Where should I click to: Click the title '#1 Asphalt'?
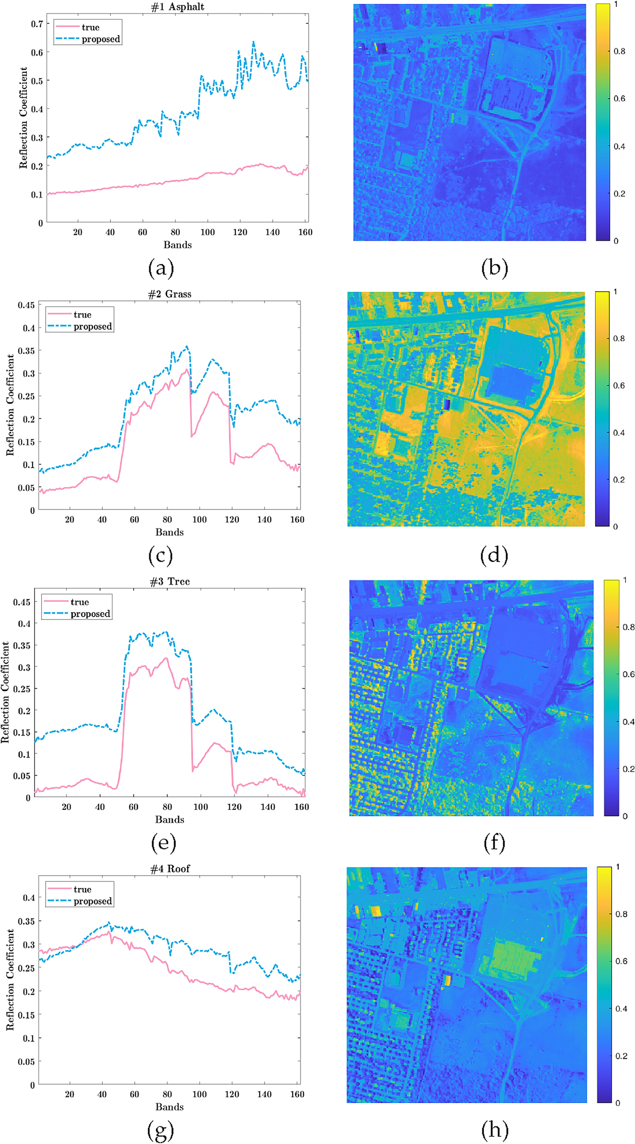tap(177, 7)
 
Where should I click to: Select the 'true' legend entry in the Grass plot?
tap(82, 315)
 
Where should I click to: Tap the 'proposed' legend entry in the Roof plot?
tap(92, 901)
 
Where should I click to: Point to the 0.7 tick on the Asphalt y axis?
tap(37, 23)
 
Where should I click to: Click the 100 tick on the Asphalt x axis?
tap(208, 232)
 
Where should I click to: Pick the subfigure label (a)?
tap(160, 268)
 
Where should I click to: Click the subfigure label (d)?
tap(494, 555)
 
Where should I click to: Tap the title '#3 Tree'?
tap(169, 581)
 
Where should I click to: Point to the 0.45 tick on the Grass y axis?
tap(26, 305)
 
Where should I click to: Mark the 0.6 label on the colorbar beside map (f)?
tap(629, 674)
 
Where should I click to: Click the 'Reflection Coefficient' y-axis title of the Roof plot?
tap(10, 979)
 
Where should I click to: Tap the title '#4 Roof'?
tap(170, 868)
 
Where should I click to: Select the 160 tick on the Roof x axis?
tap(297, 1094)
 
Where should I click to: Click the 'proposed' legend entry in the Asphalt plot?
tap(101, 39)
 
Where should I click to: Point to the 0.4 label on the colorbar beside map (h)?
tap(621, 1009)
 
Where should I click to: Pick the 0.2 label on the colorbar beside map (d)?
tap(618, 480)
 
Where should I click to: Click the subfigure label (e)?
tap(163, 843)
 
